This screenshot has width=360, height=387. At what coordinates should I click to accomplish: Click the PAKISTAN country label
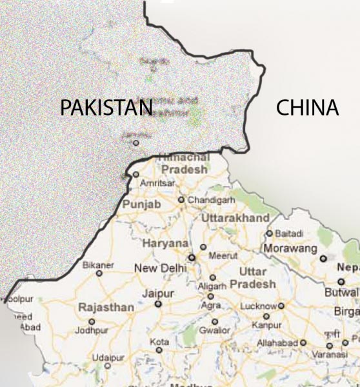tap(106, 108)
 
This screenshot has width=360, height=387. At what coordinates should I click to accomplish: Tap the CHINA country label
tap(307, 108)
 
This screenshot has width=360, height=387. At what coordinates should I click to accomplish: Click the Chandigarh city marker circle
tap(181, 200)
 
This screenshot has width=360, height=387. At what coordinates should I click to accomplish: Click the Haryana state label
tap(165, 244)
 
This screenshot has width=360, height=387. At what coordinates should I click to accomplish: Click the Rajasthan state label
tap(106, 308)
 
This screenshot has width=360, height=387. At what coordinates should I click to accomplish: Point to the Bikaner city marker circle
tap(99, 273)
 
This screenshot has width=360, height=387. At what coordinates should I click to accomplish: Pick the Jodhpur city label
tap(92, 330)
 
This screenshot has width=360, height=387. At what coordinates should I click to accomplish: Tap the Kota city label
tap(159, 341)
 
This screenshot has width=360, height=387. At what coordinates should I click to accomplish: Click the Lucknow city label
tap(258, 306)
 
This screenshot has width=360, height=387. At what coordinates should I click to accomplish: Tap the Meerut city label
tap(223, 255)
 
